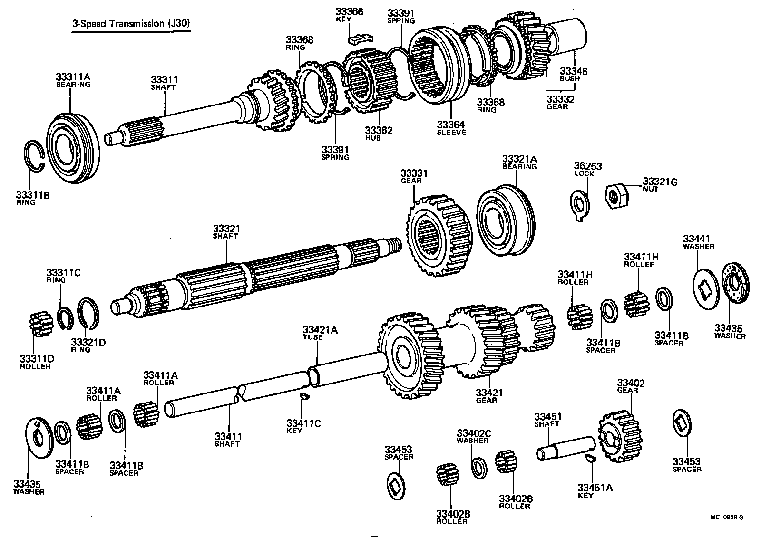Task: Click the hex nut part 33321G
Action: tap(617, 194)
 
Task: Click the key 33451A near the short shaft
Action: tap(590, 457)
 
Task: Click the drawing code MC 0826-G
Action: tap(727, 518)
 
